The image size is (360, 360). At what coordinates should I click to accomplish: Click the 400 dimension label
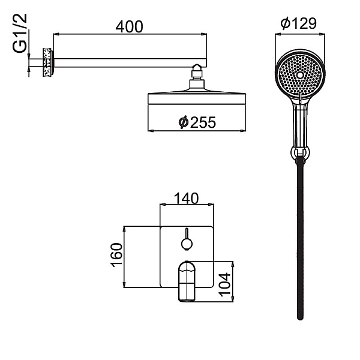tap(130, 27)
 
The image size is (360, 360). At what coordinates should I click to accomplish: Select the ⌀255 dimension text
tap(196, 122)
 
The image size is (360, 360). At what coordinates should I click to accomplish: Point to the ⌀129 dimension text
tap(299, 24)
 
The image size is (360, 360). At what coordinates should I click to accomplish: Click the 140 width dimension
tap(187, 198)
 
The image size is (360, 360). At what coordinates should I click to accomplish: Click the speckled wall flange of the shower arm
tap(46, 62)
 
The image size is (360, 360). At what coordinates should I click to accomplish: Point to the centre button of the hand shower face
tap(299, 76)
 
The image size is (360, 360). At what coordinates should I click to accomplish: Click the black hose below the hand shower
tap(299, 240)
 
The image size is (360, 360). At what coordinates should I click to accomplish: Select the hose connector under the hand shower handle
tap(299, 155)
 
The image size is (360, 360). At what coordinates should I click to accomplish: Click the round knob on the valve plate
tap(187, 243)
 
